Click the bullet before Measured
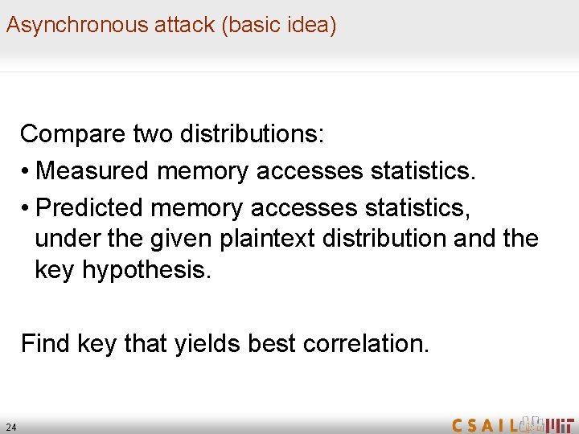27,171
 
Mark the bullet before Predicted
27,208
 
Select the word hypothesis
146,271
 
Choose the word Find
45,344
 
